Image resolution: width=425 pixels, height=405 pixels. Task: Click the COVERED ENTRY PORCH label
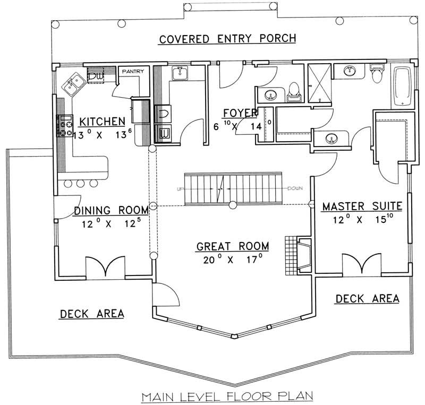(226, 39)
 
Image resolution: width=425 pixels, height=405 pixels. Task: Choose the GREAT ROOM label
(232, 246)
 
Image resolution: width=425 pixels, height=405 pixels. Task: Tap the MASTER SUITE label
(361, 205)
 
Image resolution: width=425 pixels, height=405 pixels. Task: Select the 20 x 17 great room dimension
(232, 260)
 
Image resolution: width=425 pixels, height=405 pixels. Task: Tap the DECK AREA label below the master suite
(367, 299)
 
